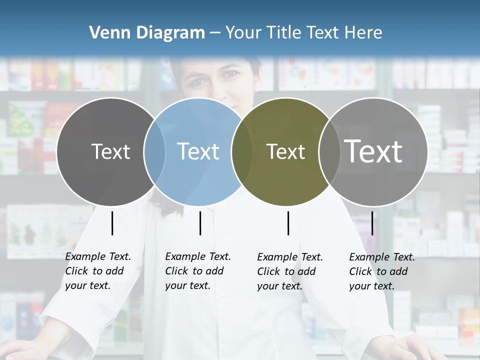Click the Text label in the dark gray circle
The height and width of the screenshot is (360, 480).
pos(110,151)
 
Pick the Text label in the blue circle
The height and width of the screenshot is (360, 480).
pos(198,151)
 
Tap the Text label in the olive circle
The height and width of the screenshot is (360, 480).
pos(285,151)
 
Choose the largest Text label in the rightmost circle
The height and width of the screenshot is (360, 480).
pos(373,151)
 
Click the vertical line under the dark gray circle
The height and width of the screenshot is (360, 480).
pos(112,223)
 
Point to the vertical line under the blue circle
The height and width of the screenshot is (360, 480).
pos(200,223)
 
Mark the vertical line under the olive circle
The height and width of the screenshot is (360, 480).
pos(288,223)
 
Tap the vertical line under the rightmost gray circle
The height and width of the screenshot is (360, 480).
pos(372,223)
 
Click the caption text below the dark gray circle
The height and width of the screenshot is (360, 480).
pos(97,271)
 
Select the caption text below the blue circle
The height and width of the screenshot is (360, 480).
pos(197,271)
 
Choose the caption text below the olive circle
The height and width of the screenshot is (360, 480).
pos(289,271)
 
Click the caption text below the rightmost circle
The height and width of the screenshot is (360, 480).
pos(381,271)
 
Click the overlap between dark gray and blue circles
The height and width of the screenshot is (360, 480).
pos(155,151)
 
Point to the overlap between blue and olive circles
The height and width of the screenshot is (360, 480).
pos(242,151)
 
